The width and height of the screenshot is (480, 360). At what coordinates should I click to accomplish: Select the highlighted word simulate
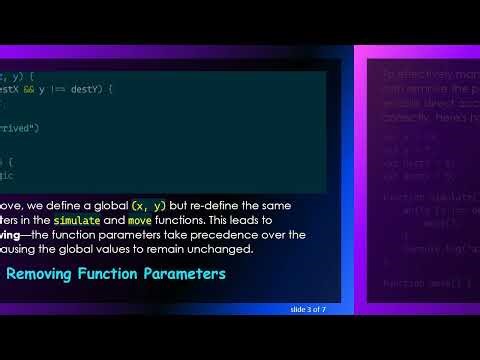pos(76,219)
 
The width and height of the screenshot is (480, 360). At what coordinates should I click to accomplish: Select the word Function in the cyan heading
pos(119,273)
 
